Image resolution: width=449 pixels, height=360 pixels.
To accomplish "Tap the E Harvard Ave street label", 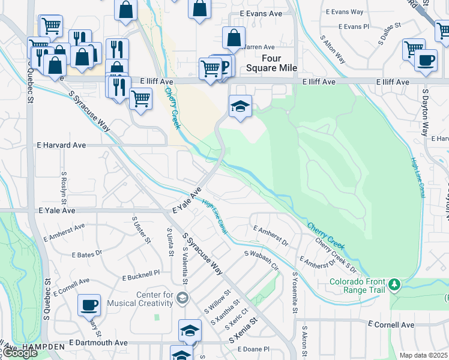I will [62, 145].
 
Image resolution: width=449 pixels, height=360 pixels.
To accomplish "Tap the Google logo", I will [20, 353].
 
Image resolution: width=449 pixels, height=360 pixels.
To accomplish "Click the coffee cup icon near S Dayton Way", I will [426, 61].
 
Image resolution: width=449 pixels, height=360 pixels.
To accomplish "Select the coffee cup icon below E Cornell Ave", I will [89, 304].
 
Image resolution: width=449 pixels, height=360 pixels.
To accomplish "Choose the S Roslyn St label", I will [64, 188].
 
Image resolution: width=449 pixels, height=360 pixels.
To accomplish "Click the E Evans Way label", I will [344, 11].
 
